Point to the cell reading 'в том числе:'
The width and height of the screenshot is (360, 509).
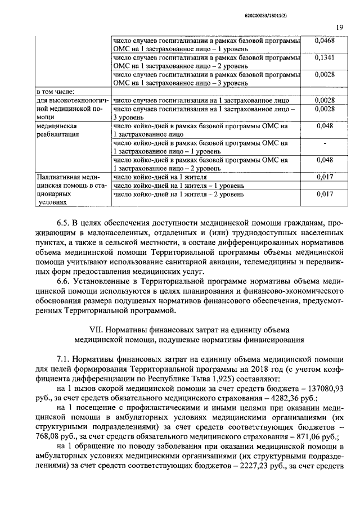[x=56, y=92]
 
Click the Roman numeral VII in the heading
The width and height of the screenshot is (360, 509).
[x=97, y=329]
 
